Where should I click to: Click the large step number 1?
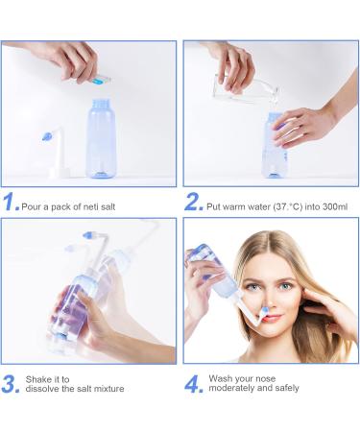coord(11,203)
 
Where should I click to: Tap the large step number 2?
coord(193,203)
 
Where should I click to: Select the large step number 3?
coord(12,383)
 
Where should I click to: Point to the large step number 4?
coord(194,383)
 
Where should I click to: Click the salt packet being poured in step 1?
coord(99,76)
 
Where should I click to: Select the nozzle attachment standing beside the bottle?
coord(57,154)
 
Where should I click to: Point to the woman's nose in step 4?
coord(268,299)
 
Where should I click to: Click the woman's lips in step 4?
coord(272,318)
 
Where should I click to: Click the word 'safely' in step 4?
coord(282,389)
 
